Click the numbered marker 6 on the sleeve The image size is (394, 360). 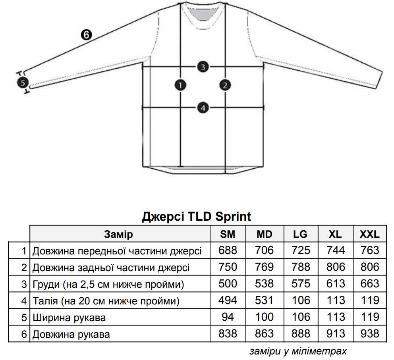[86, 35]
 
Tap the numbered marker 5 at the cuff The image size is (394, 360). [23, 83]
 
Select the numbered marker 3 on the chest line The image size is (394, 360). [203, 67]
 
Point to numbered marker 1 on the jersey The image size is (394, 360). [180, 85]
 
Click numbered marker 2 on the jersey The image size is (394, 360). [225, 85]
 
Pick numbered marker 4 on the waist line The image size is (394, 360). [203, 108]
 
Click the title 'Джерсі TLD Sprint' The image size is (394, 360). [197, 216]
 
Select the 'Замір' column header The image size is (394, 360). [118, 234]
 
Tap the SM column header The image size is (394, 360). [228, 234]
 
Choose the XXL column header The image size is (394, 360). [370, 234]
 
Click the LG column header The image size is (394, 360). [300, 234]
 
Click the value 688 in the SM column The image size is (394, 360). [228, 250]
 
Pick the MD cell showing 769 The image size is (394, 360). [264, 267]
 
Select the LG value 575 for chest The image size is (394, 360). [301, 284]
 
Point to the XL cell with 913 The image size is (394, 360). [336, 334]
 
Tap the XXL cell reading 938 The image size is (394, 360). [370, 334]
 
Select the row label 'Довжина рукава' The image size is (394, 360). [71, 335]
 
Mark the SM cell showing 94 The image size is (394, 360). [228, 317]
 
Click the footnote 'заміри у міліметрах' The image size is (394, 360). [298, 351]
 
